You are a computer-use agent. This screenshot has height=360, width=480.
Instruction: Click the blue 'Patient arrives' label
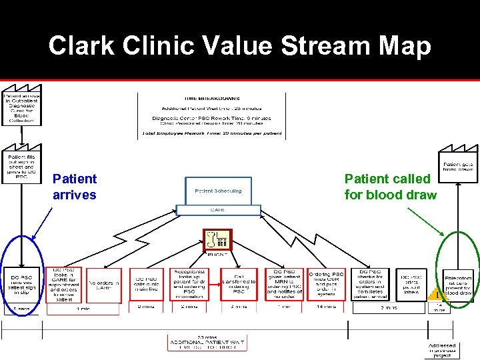coord(74,187)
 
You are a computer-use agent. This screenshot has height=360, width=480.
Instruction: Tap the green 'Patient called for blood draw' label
coord(390,187)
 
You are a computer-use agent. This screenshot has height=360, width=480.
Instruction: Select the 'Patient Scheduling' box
coord(219,191)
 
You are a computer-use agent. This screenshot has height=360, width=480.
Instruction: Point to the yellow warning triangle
coord(434,295)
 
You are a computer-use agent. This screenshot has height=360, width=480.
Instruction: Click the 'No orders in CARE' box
coord(104,285)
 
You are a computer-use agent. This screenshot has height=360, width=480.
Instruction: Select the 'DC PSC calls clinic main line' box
coord(148,285)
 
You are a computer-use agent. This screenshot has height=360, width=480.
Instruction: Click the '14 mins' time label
coord(326,307)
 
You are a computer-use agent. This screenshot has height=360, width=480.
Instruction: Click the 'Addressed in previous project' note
coord(442,350)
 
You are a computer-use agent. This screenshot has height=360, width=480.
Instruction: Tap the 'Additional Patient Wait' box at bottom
coord(206,343)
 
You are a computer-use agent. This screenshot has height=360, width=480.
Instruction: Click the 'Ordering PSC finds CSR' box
coord(326,283)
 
